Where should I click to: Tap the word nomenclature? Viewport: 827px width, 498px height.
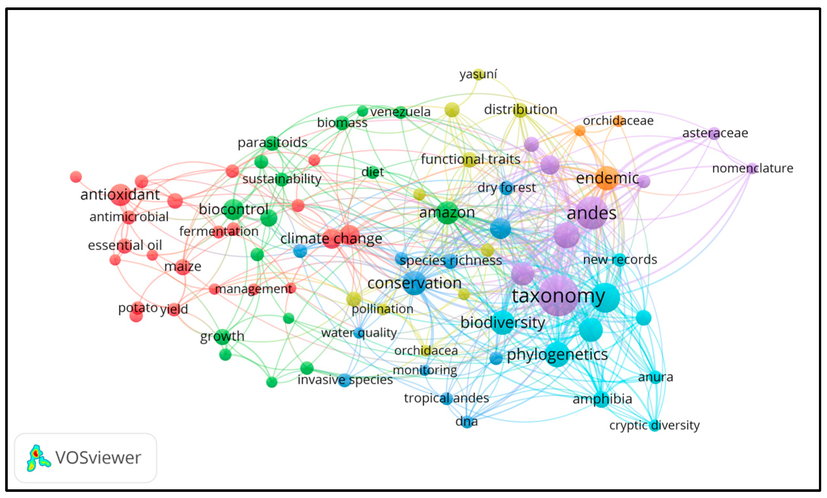click(x=752, y=168)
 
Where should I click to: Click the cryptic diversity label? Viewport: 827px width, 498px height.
click(x=654, y=425)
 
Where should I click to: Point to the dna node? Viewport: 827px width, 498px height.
click(x=467, y=421)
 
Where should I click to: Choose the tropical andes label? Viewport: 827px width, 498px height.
click(x=446, y=398)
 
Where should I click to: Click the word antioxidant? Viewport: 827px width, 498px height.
click(x=120, y=195)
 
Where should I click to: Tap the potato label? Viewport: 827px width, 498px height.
click(x=138, y=307)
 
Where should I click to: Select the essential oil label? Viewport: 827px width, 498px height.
click(x=125, y=245)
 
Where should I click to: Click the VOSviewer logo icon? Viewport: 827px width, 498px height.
click(x=38, y=458)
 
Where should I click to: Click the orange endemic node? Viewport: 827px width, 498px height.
click(x=606, y=178)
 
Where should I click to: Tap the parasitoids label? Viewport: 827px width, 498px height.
click(x=272, y=143)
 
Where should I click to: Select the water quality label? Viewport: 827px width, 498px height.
click(x=359, y=333)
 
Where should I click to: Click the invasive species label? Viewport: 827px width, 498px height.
click(x=345, y=379)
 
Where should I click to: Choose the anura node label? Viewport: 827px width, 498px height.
click(x=655, y=377)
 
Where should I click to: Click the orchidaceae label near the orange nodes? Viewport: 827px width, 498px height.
click(x=618, y=120)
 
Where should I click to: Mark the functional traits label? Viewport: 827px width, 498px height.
click(x=470, y=159)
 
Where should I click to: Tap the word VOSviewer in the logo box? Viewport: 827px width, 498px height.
click(x=98, y=458)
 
